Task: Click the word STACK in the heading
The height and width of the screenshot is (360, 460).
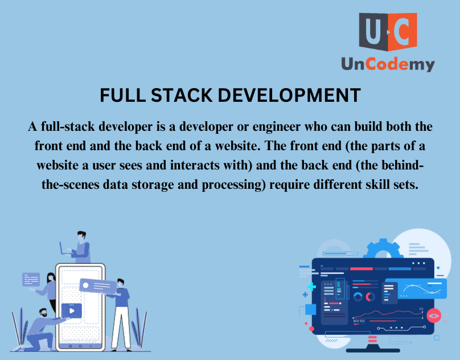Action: (x=182, y=96)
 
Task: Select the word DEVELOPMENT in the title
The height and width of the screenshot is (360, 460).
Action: (x=289, y=96)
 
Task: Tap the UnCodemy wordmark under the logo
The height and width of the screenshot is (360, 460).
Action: (x=388, y=64)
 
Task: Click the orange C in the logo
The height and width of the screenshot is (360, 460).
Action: (x=402, y=31)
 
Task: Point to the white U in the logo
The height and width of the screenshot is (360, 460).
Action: (x=373, y=31)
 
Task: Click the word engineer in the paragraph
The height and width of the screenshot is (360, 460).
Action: (x=276, y=127)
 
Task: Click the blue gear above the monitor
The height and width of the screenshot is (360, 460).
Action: (x=382, y=249)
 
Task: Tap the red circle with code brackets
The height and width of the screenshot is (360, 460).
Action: (x=434, y=316)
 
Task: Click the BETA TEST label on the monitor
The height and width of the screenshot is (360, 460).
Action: (x=359, y=321)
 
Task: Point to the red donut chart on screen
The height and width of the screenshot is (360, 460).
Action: (x=370, y=297)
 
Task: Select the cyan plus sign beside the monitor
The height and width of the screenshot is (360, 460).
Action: (x=311, y=287)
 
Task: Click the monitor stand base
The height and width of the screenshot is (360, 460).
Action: (x=373, y=350)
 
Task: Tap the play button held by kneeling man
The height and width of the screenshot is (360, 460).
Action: (x=72, y=311)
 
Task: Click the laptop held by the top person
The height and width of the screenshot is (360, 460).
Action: (x=63, y=249)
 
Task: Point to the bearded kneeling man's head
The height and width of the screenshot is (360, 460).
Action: (x=43, y=312)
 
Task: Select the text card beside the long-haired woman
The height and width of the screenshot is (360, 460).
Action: (x=31, y=279)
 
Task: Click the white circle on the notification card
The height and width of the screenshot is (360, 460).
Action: (x=85, y=285)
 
